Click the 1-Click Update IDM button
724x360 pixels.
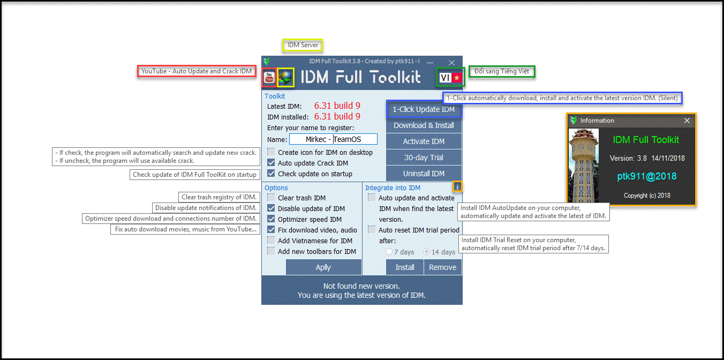click(x=424, y=109)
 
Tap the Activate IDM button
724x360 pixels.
click(x=424, y=141)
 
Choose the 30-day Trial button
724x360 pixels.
click(x=424, y=157)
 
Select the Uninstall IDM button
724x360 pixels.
click(x=424, y=174)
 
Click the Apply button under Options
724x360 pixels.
click(x=323, y=267)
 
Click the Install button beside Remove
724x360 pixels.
click(x=405, y=267)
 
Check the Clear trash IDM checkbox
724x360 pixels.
click(x=271, y=198)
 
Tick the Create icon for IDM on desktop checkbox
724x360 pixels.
click(x=271, y=152)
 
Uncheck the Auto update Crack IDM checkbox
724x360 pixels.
click(x=271, y=163)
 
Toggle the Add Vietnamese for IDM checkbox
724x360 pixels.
click(x=271, y=241)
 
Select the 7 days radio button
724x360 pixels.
click(x=389, y=252)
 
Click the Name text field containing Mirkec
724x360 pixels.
click(x=333, y=139)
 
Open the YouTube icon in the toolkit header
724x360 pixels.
click(x=269, y=78)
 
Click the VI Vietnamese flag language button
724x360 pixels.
click(x=450, y=77)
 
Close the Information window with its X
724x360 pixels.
click(x=687, y=121)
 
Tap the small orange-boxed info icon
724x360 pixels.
click(x=457, y=186)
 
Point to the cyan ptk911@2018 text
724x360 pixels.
click(x=647, y=176)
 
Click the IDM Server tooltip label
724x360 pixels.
click(x=303, y=45)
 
